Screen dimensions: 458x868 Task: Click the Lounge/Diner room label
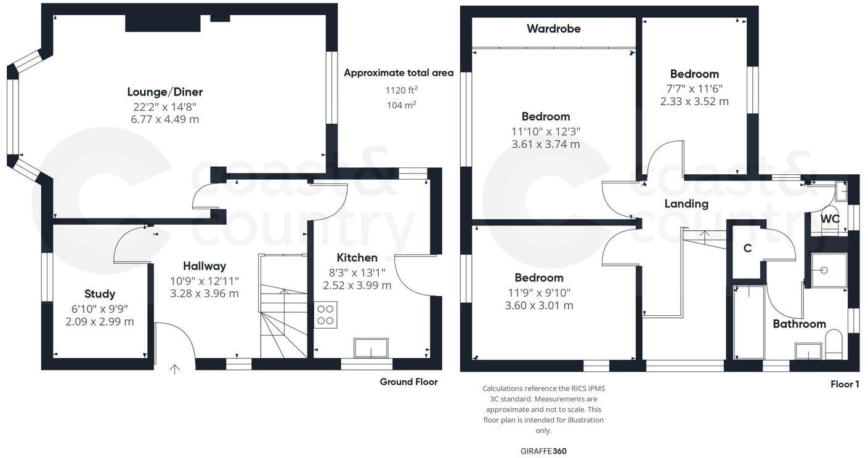(x=164, y=92)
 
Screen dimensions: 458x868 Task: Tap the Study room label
(x=99, y=294)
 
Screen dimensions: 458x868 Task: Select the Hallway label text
(x=204, y=266)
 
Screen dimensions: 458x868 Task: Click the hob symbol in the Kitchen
(x=326, y=315)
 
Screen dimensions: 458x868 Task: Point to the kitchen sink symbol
(x=370, y=348)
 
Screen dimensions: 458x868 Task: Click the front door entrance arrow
(x=175, y=369)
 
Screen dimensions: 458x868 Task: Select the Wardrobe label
(x=553, y=28)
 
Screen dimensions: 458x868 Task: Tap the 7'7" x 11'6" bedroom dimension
(x=694, y=88)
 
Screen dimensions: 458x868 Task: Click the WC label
(x=830, y=219)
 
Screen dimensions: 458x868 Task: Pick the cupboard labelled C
(x=747, y=248)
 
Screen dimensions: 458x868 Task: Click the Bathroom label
(x=799, y=324)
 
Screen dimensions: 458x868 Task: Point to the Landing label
(x=686, y=204)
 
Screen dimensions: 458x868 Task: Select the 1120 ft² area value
(x=401, y=90)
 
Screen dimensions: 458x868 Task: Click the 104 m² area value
(x=401, y=105)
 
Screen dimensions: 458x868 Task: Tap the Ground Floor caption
(x=408, y=382)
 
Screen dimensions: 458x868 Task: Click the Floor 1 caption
(x=844, y=384)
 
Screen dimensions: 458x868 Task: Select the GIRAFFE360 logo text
(x=543, y=451)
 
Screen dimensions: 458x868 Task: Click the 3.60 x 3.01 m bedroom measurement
(x=539, y=305)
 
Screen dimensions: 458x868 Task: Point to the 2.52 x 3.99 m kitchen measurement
(x=357, y=286)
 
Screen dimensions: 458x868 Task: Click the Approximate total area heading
(x=399, y=73)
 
